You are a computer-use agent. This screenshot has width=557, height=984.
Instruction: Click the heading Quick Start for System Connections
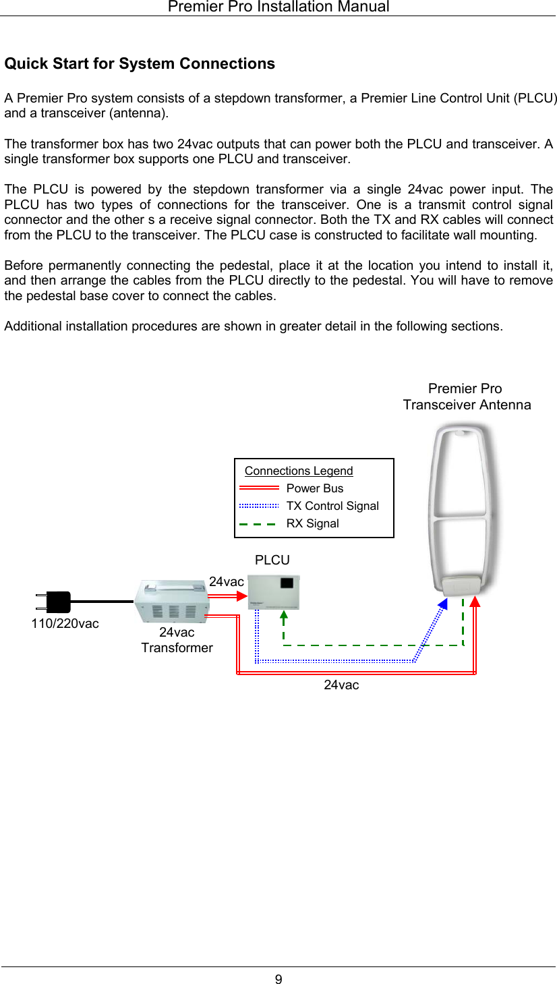140,64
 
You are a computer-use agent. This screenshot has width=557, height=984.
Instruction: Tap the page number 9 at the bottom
278,979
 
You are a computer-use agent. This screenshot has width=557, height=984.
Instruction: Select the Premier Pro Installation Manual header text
278,7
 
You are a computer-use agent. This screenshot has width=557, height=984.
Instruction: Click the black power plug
55,601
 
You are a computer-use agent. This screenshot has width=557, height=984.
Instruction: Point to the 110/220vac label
65,624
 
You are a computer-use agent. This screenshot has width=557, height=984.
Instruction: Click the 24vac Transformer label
177,640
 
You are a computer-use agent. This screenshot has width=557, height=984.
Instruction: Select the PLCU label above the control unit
272,560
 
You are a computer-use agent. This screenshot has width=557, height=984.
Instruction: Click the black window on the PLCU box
287,583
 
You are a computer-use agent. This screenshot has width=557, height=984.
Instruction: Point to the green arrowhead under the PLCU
284,614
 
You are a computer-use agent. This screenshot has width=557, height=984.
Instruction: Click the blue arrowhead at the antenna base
442,604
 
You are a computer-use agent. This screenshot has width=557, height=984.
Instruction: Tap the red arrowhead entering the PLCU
242,595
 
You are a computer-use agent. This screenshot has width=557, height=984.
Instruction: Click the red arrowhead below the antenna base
475,601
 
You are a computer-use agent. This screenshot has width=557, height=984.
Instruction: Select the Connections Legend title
299,471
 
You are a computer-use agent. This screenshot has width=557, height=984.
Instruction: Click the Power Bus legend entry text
315,488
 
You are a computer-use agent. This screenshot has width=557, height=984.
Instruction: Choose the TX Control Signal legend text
332,506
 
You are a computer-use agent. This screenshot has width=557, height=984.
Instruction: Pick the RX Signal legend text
313,523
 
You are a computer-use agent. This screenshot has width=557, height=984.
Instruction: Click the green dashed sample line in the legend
258,523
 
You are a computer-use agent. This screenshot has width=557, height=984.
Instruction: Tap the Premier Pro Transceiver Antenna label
467,397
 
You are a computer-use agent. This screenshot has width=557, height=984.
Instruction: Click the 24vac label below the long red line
341,685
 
